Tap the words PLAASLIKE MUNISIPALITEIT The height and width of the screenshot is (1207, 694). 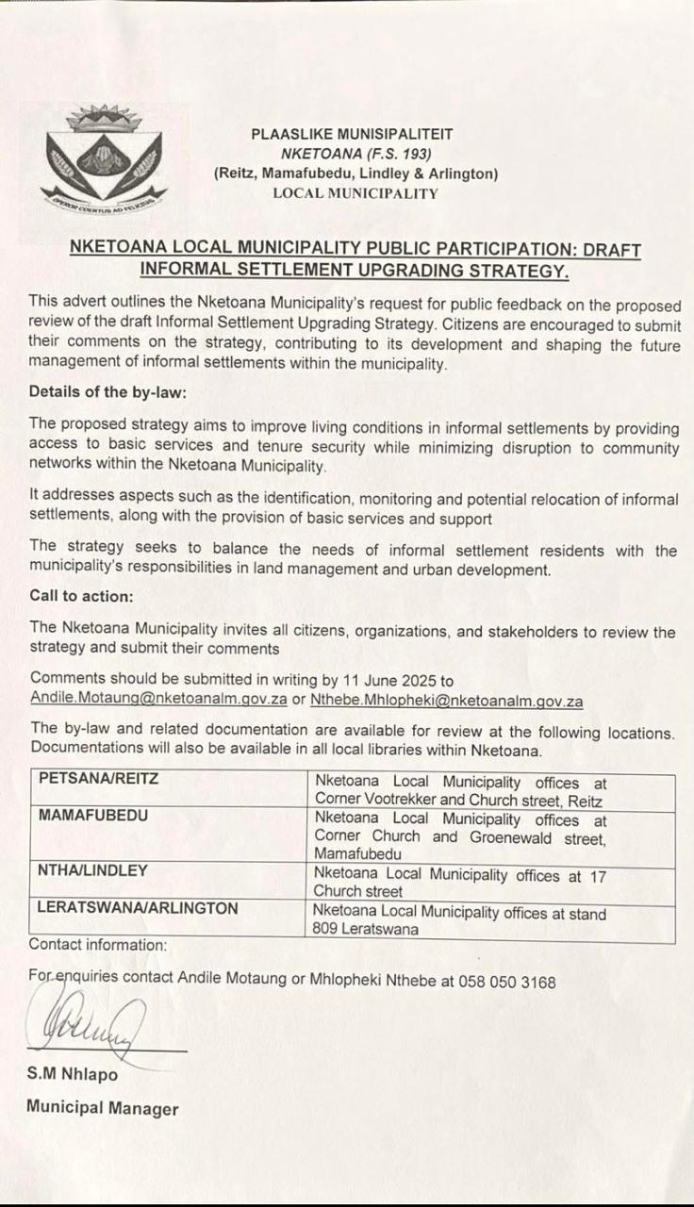(353, 135)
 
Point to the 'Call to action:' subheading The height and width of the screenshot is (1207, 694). (81, 596)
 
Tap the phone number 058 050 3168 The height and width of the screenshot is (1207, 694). (507, 982)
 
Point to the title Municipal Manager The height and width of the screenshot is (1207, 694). (102, 1108)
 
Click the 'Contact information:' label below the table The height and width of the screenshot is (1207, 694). (98, 944)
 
